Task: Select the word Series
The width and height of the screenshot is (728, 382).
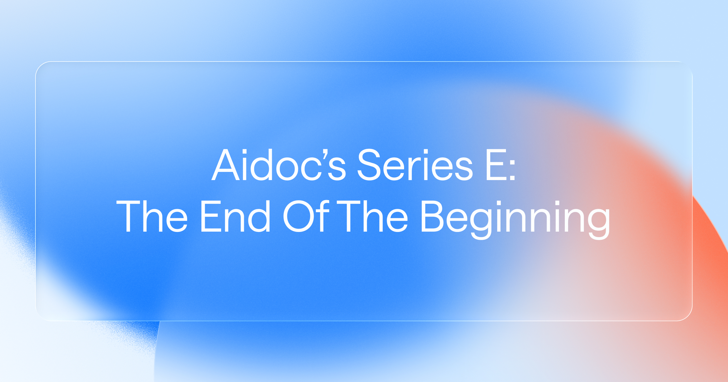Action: point(415,165)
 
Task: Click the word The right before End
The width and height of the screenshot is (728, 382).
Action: point(152,216)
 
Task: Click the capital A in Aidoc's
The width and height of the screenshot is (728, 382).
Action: point(225,165)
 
